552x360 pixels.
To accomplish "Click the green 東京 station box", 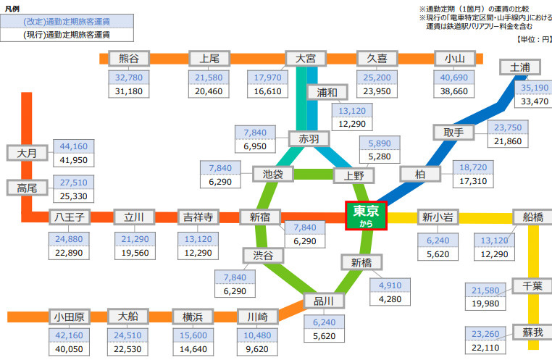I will point(367,216).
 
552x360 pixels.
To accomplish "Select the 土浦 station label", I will point(520,67).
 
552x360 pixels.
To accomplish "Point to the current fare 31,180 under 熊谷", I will point(128,91).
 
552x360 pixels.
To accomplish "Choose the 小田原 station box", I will point(69,317).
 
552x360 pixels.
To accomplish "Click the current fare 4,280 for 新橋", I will point(390,298).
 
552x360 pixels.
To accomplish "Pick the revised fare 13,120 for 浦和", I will point(353,109).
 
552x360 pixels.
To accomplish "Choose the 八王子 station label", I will point(70,217).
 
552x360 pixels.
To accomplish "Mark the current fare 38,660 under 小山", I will point(455,91).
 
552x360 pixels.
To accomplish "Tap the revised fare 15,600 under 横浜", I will point(193,335).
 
